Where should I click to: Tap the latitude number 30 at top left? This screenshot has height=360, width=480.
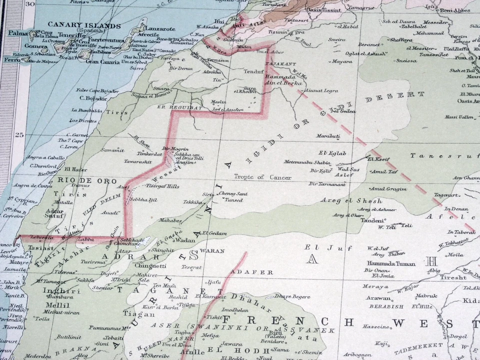tap(30, 4)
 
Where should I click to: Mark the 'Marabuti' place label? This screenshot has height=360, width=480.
tap(328, 136)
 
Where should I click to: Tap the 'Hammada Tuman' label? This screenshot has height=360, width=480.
tap(384, 263)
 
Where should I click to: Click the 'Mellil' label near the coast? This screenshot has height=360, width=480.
tap(54, 304)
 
